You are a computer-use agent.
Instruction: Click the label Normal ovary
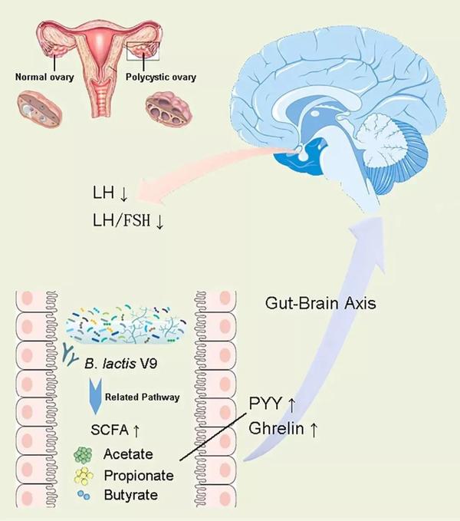45,77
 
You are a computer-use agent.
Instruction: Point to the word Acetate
130,456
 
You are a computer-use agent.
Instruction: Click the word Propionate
139,476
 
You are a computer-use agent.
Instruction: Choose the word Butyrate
131,495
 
